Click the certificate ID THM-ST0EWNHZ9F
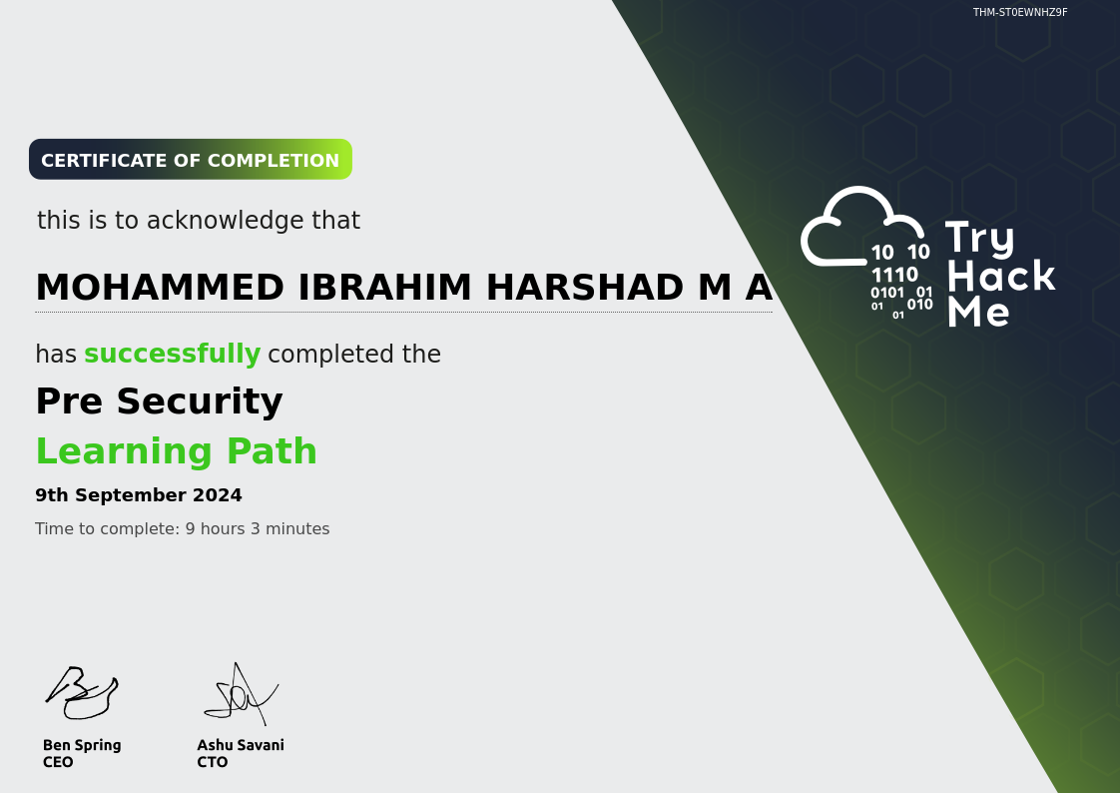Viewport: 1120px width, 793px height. (1020, 12)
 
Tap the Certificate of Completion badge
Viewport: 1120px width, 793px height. (191, 160)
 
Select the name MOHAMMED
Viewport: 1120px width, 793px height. (160, 288)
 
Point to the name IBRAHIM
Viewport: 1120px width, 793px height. (385, 288)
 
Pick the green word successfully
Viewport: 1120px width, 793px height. (172, 355)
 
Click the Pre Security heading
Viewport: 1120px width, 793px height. (160, 400)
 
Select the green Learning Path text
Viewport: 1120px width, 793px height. (177, 451)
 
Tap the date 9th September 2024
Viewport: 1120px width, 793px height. (139, 495)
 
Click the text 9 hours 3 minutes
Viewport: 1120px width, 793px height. (258, 528)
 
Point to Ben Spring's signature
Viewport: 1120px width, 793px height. (82, 692)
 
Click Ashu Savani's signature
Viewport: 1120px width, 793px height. (241, 694)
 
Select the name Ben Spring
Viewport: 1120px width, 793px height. (82, 745)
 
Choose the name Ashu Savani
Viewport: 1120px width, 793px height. (241, 745)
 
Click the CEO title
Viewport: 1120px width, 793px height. (58, 762)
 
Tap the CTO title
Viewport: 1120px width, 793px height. (213, 762)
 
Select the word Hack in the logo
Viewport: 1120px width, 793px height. (1001, 276)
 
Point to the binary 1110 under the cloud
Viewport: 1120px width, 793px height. (894, 275)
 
